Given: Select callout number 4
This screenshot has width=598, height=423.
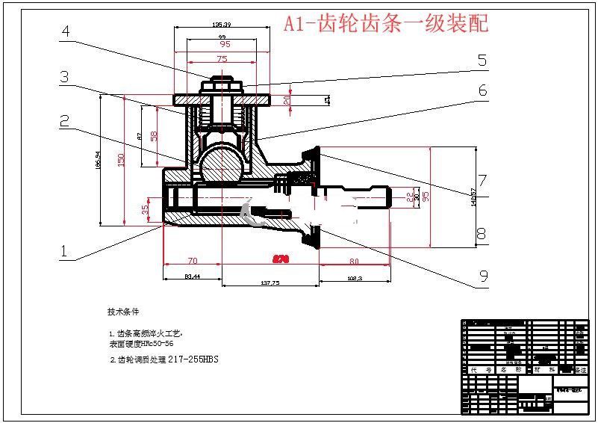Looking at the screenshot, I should coord(66,31).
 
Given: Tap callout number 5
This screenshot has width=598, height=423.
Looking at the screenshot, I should coord(482,61).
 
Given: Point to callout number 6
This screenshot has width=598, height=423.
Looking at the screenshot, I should coord(482,90).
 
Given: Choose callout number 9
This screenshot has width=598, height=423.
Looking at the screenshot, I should coord(483,277).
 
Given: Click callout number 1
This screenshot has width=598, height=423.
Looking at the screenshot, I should coord(64,252).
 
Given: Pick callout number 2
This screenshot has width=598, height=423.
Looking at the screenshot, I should coord(65,120).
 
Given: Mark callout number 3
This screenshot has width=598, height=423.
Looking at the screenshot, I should coord(65,76).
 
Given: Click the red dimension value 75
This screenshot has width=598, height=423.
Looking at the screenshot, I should coord(222,58).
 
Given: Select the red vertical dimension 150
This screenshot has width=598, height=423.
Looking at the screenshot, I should coord(120,159).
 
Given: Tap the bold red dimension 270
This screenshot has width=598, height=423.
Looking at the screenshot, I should coord(281,259).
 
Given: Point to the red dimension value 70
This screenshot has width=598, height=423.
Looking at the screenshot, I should coord(192,261).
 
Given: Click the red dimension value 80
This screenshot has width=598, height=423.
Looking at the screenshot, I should coord(353,261).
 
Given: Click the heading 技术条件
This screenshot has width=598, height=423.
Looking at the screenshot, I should coord(123,311).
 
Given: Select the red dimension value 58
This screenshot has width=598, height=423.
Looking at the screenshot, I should coord(154,135).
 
